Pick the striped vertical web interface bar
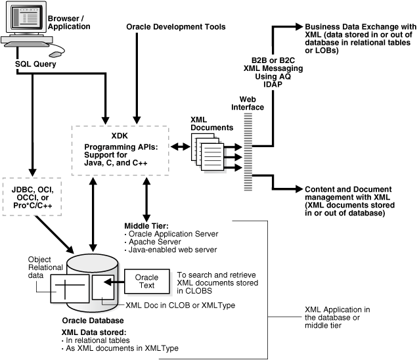248,151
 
